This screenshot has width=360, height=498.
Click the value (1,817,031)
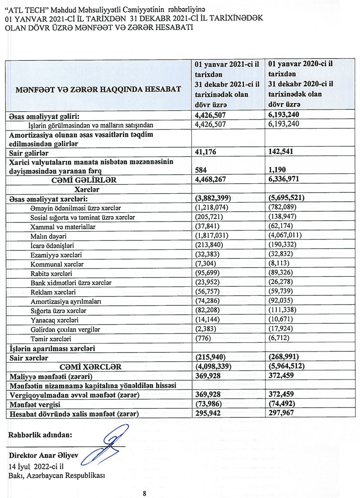[212, 235]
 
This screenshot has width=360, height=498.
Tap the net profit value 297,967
[281, 413]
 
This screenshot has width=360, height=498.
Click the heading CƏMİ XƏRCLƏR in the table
[93, 367]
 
